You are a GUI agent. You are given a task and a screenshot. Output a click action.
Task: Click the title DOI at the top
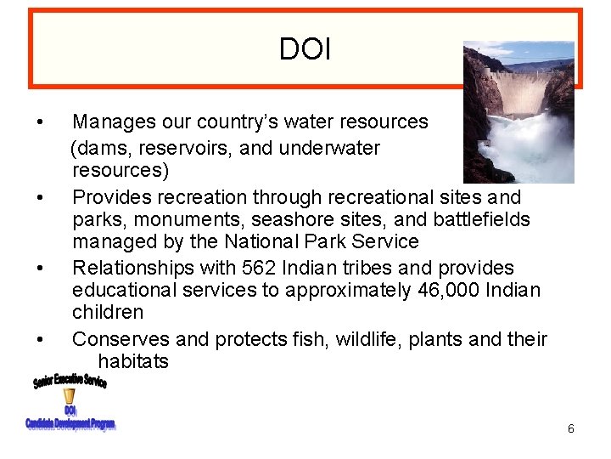point(305,49)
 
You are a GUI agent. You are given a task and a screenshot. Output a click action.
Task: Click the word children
point(108,312)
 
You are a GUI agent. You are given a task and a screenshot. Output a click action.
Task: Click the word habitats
point(133,361)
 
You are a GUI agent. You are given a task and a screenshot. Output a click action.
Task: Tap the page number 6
point(571,429)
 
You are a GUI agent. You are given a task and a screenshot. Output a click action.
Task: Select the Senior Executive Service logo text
point(70,380)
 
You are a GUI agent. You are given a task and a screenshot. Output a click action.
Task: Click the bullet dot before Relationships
point(41,269)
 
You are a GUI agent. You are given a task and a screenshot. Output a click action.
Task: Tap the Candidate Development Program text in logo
point(70,423)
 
